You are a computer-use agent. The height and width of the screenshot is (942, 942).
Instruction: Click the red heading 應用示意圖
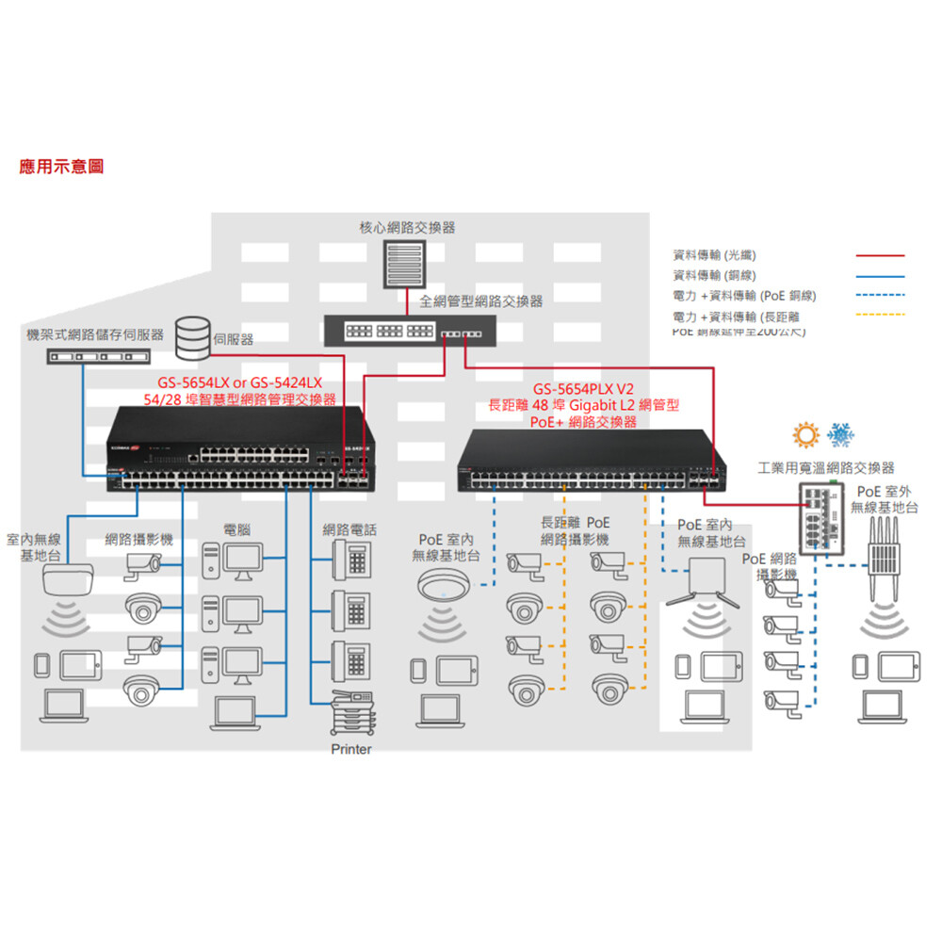pyautogui.click(x=62, y=167)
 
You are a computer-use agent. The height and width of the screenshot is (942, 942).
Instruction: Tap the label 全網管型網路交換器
pyautogui.click(x=481, y=301)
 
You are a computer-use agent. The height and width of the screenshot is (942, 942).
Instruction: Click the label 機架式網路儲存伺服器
pyautogui.click(x=95, y=335)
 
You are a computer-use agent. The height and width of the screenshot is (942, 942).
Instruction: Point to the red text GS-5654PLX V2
pyautogui.click(x=584, y=389)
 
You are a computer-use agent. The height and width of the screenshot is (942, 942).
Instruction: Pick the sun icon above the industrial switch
pyautogui.click(x=806, y=435)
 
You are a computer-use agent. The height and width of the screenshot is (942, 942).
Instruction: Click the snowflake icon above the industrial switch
pyautogui.click(x=840, y=435)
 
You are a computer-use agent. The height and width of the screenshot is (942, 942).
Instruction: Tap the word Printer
pyautogui.click(x=351, y=750)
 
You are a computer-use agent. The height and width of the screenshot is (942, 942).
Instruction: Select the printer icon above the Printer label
pyautogui.click(x=351, y=713)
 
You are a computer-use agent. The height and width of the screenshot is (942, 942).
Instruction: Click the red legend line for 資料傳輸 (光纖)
pyautogui.click(x=880, y=255)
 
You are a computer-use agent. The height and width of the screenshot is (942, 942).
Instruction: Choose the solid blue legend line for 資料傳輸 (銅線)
pyautogui.click(x=880, y=276)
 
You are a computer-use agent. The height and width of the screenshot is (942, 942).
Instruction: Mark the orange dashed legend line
pyautogui.click(x=880, y=315)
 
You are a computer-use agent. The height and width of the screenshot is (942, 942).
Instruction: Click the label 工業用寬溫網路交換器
pyautogui.click(x=826, y=468)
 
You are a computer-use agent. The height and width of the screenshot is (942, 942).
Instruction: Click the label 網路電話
pyautogui.click(x=349, y=530)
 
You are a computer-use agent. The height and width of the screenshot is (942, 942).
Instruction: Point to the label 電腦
pyautogui.click(x=236, y=530)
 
